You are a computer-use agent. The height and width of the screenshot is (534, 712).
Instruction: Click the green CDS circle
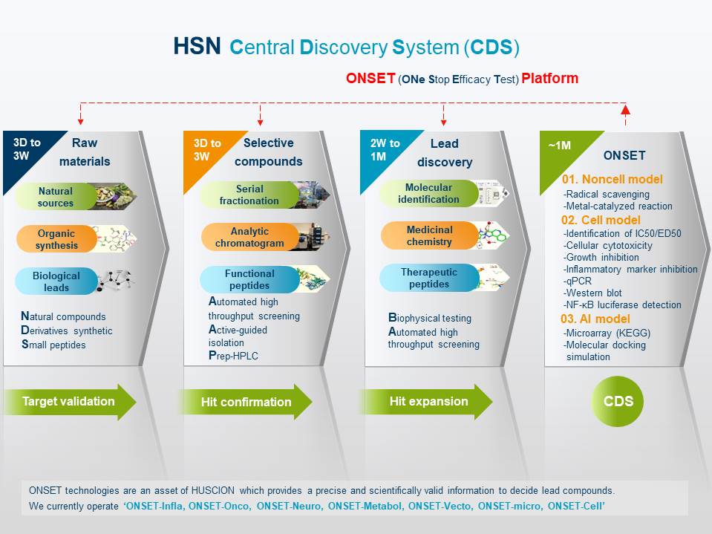(618, 401)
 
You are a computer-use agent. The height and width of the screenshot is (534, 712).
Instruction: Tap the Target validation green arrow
(69, 402)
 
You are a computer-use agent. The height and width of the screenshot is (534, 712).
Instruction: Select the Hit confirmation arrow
(246, 402)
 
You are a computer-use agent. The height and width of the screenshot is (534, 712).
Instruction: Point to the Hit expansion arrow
(427, 402)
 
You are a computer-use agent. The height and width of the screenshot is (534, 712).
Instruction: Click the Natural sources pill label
(56, 197)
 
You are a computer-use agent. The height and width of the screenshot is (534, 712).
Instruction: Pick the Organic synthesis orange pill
(56, 239)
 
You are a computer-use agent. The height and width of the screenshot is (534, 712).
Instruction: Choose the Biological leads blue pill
(56, 281)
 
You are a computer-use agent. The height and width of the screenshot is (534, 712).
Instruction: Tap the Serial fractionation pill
(249, 195)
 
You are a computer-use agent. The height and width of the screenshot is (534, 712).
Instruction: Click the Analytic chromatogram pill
(249, 237)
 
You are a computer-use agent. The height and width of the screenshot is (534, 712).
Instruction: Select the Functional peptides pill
(249, 279)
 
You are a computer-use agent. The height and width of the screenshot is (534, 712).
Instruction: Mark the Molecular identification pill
(428, 193)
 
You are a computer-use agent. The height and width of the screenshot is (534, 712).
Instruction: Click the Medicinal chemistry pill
(430, 235)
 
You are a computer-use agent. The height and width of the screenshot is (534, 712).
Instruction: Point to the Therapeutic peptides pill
(429, 278)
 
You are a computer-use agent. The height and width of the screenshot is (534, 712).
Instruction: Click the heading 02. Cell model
(601, 221)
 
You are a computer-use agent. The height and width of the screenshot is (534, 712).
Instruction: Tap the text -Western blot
(592, 293)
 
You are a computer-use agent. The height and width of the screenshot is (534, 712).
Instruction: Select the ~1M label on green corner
(559, 146)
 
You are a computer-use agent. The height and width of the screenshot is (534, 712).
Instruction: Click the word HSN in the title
(197, 46)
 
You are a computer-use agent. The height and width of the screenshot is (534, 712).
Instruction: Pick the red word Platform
(550, 78)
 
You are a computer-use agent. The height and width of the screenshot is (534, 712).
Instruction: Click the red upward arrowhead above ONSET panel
(626, 109)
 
